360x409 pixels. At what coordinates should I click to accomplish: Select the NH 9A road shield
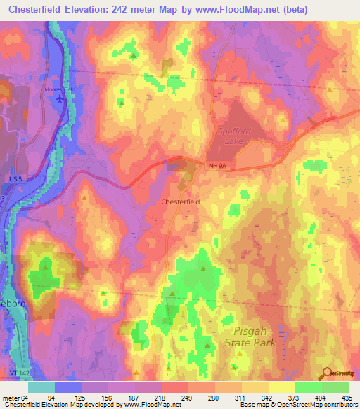point(218,166)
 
